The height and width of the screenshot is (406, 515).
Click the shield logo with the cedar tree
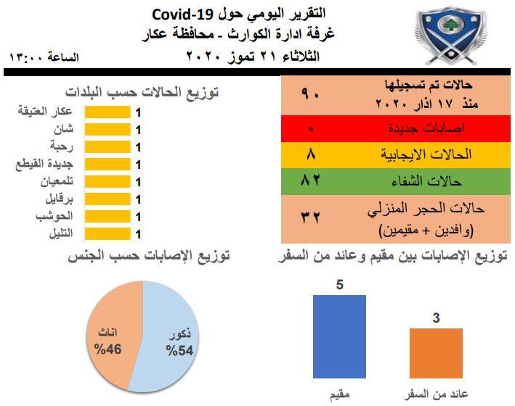(450, 36)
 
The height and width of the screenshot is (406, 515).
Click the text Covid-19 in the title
(183, 14)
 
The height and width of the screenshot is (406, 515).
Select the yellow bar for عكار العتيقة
(108, 112)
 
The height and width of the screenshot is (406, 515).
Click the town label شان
(64, 129)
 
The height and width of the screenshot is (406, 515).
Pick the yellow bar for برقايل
(108, 199)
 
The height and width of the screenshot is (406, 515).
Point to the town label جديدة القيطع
(44, 164)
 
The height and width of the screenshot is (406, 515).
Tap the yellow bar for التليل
(108, 234)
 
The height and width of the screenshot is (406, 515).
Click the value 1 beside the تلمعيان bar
(138, 182)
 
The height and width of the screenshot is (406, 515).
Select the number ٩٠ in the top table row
(310, 94)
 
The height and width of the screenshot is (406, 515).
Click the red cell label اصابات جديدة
(426, 128)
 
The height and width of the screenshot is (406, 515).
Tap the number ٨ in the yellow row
(311, 154)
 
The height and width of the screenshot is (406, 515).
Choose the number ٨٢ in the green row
(310, 181)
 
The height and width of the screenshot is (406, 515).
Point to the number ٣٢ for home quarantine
(310, 217)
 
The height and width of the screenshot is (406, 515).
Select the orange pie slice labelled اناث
(112, 334)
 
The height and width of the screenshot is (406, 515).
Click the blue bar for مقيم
(339, 336)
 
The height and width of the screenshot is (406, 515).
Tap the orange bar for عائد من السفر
(436, 353)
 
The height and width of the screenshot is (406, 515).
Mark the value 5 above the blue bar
(340, 285)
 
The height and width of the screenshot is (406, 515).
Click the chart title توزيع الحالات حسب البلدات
(142, 92)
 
